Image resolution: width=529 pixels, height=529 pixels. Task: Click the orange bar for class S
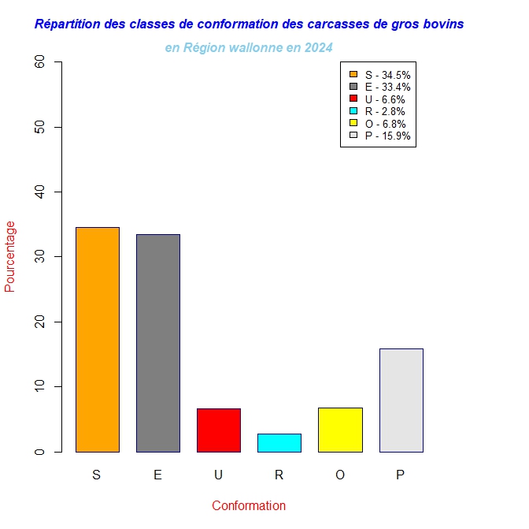[97, 339]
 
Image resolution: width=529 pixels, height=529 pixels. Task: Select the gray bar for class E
[157, 343]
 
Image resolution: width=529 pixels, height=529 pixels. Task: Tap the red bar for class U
[218, 430]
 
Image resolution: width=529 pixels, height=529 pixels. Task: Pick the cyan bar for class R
[279, 442]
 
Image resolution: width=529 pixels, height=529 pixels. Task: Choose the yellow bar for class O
[340, 430]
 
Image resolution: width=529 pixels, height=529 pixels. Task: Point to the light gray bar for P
[401, 400]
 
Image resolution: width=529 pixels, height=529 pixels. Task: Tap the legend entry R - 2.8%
[385, 111]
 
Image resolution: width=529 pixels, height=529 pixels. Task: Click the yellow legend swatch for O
[353, 124]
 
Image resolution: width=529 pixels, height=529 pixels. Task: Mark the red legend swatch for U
[353, 99]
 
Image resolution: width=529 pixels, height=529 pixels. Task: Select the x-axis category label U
[218, 475]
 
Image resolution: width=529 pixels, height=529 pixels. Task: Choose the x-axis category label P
[401, 475]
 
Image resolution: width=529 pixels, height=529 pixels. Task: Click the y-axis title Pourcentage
[10, 256]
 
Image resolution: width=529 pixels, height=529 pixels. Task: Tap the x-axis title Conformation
[249, 505]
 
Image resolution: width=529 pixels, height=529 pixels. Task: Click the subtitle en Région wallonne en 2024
[249, 48]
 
